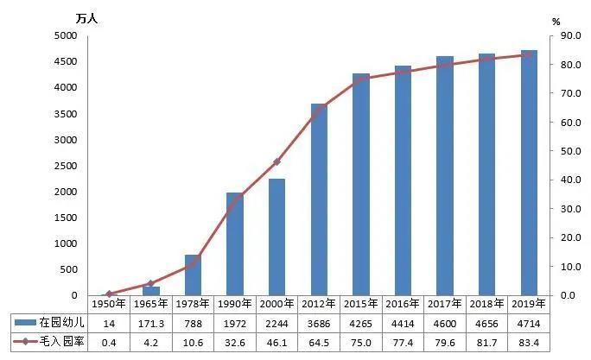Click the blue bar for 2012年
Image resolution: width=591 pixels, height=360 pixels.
[x=319, y=199]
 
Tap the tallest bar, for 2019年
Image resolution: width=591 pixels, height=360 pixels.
[x=529, y=173]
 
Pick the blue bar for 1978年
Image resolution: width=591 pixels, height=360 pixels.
[x=193, y=275]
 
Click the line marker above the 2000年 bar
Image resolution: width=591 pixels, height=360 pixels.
[x=276, y=162]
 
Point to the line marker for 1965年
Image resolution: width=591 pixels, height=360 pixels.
[x=150, y=283]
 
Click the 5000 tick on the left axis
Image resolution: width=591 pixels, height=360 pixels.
[x=66, y=35]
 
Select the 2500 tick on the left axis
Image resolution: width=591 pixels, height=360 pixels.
[x=66, y=166]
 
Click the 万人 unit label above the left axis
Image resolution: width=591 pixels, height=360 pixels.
[x=86, y=17]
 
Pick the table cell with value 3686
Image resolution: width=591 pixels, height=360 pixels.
[x=319, y=322]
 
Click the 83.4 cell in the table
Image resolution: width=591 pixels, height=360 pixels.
[x=529, y=342]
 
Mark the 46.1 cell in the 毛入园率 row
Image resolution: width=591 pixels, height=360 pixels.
[x=276, y=342]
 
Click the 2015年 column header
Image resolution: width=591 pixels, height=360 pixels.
[x=361, y=304]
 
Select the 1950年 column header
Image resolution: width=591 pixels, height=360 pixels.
[x=109, y=304]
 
